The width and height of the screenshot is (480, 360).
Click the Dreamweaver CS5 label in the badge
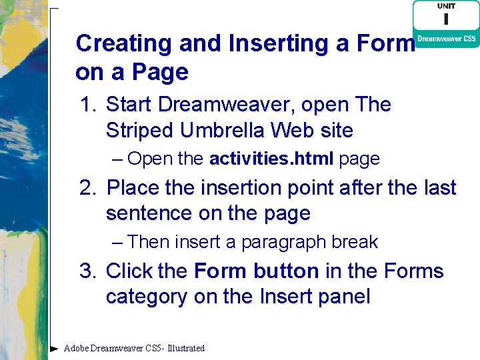(x=446, y=39)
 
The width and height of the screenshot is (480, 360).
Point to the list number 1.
(x=87, y=105)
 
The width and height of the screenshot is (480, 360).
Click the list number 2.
(x=87, y=189)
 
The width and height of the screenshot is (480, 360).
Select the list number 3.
(x=87, y=272)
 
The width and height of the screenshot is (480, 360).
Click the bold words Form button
(x=256, y=272)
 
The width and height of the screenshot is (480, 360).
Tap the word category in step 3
(x=147, y=297)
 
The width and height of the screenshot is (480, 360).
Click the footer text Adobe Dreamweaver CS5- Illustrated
(x=134, y=348)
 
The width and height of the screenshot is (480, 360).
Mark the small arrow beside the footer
(x=54, y=348)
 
